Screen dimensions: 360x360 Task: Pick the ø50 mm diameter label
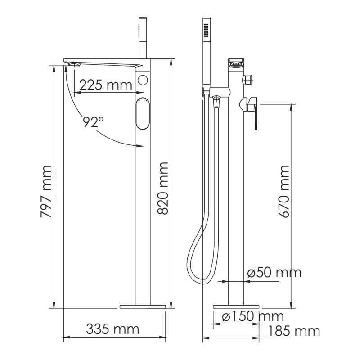point(274,273)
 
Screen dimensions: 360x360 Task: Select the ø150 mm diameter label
point(253,316)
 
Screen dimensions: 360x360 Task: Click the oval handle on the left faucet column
point(142,113)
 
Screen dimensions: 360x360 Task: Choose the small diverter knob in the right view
point(247,80)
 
